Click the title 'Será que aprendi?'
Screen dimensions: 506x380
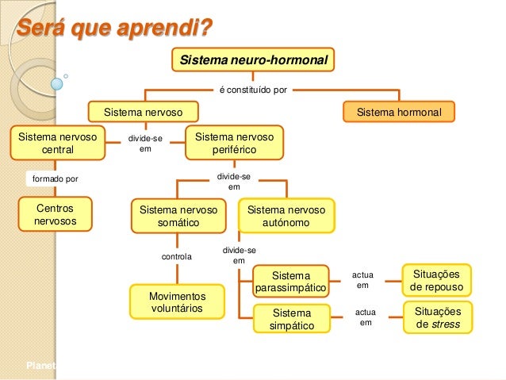115,29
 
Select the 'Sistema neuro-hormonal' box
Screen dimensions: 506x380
253,59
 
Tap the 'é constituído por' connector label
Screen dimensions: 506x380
253,90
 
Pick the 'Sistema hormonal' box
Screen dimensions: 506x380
398,112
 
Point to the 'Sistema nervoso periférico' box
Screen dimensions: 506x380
234,143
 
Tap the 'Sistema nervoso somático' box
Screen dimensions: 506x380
178,217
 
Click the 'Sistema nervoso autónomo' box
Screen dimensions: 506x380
286,217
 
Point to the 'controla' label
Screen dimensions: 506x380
177,257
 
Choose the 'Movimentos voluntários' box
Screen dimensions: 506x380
177,301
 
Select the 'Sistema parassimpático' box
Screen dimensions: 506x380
291,282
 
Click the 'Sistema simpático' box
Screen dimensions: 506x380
291,319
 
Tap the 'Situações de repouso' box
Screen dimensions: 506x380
437,280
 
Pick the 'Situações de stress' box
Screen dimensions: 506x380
437,317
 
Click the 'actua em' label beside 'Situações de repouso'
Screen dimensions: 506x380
362,280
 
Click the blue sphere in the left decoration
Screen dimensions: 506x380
56,82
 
